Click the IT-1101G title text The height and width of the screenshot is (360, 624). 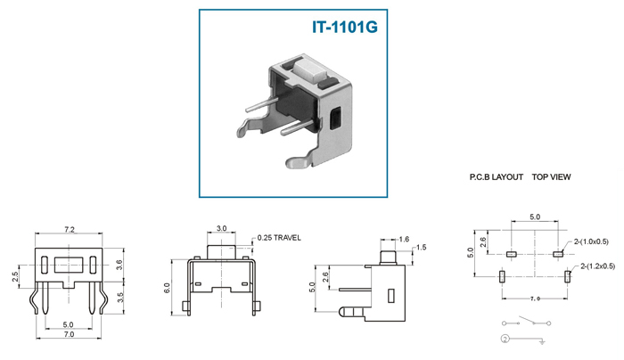pyautogui.click(x=345, y=27)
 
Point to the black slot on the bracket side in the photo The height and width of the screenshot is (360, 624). pyautogui.click(x=336, y=119)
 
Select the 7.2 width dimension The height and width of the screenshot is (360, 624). pyautogui.click(x=70, y=230)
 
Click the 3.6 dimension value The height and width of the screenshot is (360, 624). pyautogui.click(x=119, y=265)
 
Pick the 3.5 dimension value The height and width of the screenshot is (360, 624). pyautogui.click(x=120, y=298)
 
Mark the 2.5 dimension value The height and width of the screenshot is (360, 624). pyautogui.click(x=15, y=277)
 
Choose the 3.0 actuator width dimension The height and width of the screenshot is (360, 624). pyautogui.click(x=222, y=228)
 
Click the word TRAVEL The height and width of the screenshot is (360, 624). pyautogui.click(x=287, y=238)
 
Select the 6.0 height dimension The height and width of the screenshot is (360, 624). pyautogui.click(x=167, y=289)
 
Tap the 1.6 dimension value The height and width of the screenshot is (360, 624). pyautogui.click(x=404, y=239)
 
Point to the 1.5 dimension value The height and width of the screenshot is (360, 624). pyautogui.click(x=421, y=248)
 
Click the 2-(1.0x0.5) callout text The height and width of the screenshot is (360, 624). pyautogui.click(x=591, y=241)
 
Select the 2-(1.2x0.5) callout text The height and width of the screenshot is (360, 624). pyautogui.click(x=598, y=266)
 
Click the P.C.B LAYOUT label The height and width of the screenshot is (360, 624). pyautogui.click(x=497, y=177)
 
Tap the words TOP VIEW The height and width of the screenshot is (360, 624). pyautogui.click(x=551, y=177)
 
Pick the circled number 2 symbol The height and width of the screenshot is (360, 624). pyautogui.click(x=505, y=339)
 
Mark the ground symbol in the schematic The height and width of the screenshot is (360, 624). pyautogui.click(x=542, y=341)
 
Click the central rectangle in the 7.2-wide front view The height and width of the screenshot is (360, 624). pyautogui.click(x=69, y=265)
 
